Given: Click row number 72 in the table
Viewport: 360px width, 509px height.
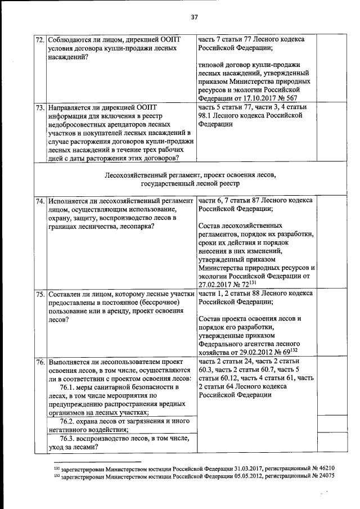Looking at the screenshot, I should point(40,40).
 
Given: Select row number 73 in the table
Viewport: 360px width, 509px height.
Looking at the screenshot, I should point(40,106).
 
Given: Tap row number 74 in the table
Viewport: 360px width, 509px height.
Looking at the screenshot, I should point(40,200).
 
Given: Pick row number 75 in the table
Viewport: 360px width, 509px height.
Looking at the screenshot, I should point(40,294).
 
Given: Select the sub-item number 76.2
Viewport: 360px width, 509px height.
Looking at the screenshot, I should point(69,421).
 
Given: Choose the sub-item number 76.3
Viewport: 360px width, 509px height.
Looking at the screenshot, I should point(69,439).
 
